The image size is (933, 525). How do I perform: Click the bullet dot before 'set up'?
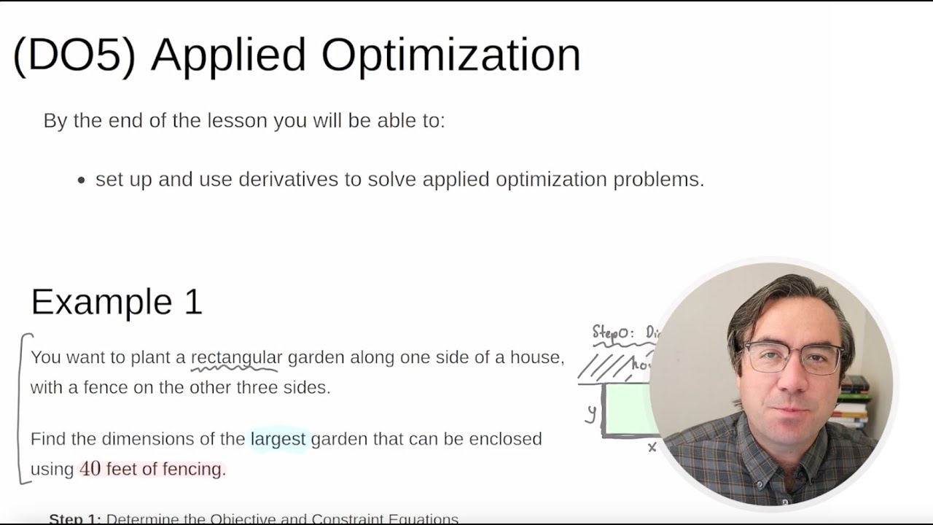pyautogui.click(x=82, y=180)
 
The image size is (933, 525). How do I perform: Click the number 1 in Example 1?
pyautogui.click(x=193, y=302)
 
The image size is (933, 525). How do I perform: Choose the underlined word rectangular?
pyautogui.click(x=236, y=357)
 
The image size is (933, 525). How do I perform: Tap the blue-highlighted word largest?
pyautogui.click(x=278, y=439)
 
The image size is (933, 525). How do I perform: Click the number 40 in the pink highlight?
pyautogui.click(x=90, y=469)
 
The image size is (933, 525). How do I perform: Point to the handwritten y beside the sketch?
pyautogui.click(x=591, y=413)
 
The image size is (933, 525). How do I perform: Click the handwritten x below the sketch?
pyautogui.click(x=652, y=447)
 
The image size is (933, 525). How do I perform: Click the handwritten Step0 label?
pyautogui.click(x=613, y=333)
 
